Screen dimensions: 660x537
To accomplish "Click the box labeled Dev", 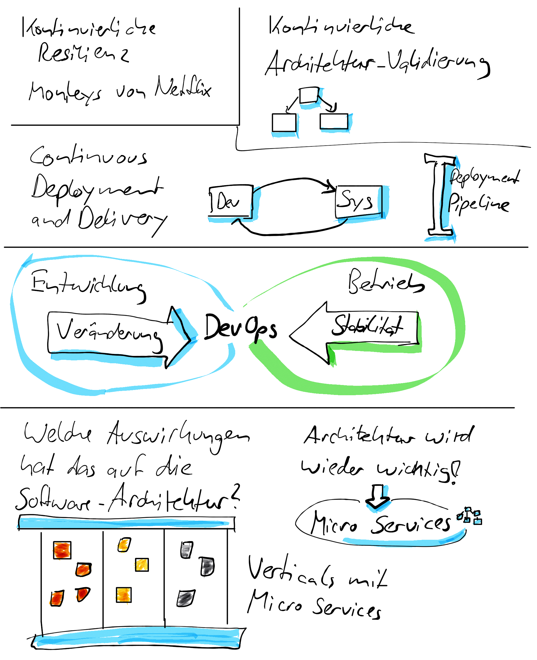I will coord(230,201).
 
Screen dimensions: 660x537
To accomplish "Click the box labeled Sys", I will coord(358,201).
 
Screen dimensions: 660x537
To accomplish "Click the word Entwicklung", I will coord(88,285).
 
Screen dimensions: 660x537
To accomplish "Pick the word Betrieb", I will coord(385,281).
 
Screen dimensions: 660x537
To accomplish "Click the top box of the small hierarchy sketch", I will coord(309,95).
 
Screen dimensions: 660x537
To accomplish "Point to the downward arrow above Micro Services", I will coord(377,496).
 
